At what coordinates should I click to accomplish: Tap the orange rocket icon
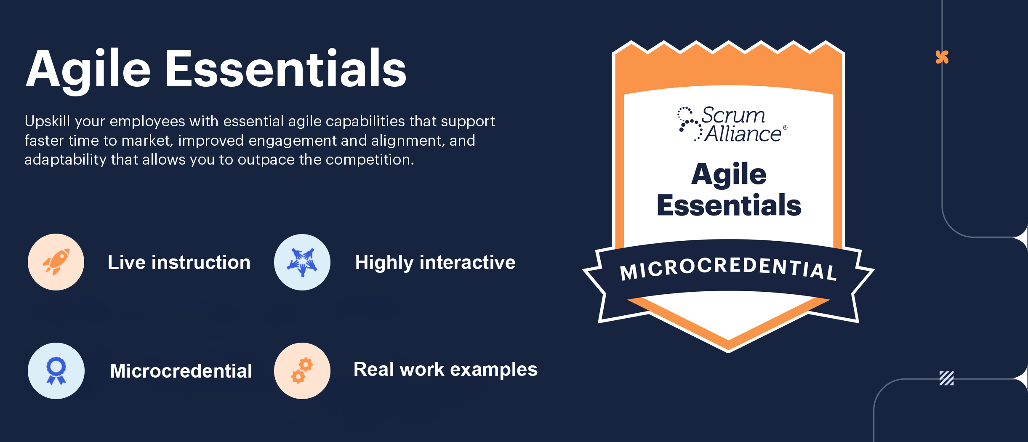pyautogui.click(x=56, y=262)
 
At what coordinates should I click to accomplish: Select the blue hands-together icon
pyautogui.click(x=302, y=262)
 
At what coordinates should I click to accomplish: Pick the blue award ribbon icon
pyautogui.click(x=56, y=371)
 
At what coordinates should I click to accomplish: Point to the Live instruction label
pyautogui.click(x=179, y=262)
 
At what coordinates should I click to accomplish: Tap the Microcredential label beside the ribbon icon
pyautogui.click(x=181, y=371)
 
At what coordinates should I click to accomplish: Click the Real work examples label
pyautogui.click(x=445, y=370)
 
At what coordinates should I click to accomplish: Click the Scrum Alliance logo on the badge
pyautogui.click(x=732, y=124)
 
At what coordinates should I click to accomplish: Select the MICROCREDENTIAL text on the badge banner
pyautogui.click(x=728, y=269)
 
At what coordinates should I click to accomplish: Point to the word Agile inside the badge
pyautogui.click(x=729, y=175)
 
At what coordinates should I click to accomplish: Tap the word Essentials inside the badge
pyautogui.click(x=729, y=205)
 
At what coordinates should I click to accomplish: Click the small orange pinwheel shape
pyautogui.click(x=942, y=57)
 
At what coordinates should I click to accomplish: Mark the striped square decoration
pyautogui.click(x=947, y=378)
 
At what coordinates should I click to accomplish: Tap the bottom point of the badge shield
pyautogui.click(x=729, y=352)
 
